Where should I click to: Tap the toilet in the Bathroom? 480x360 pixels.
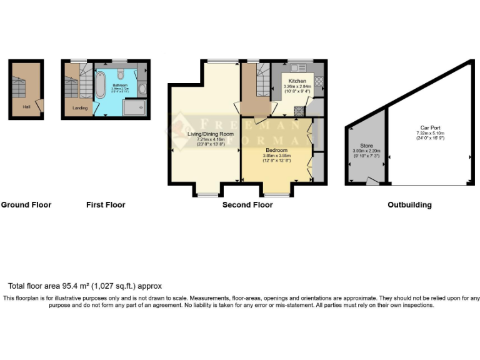pyautogui.click(x=141, y=89)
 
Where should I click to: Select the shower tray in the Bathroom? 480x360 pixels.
pyautogui.click(x=134, y=109)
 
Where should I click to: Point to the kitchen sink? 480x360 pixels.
pyautogui.click(x=295, y=67)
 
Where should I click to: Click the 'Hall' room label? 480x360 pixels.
pyautogui.click(x=27, y=107)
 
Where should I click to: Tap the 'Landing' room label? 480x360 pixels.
pyautogui.click(x=80, y=107)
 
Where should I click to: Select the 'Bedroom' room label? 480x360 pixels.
pyautogui.click(x=276, y=151)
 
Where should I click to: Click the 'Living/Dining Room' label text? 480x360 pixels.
pyautogui.click(x=210, y=134)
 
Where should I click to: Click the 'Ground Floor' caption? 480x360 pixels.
pyautogui.click(x=26, y=204)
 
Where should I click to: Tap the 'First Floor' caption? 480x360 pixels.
pyautogui.click(x=105, y=204)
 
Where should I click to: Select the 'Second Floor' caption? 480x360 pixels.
pyautogui.click(x=247, y=204)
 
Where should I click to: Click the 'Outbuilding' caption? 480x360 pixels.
pyautogui.click(x=409, y=204)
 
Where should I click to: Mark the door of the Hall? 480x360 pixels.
pyautogui.click(x=39, y=106)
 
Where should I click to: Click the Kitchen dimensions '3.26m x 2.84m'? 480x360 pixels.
pyautogui.click(x=297, y=86)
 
